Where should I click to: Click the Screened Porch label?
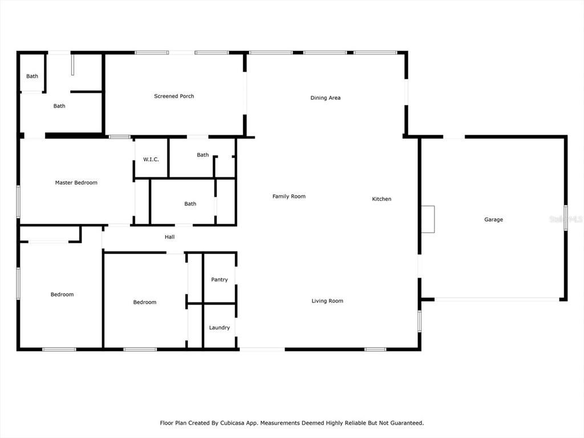[174, 96]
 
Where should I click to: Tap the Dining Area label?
[326, 98]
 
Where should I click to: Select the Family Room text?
[289, 196]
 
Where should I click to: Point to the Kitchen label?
[382, 199]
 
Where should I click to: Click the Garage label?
[493, 220]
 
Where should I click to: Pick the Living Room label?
[327, 301]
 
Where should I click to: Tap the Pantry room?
[220, 278]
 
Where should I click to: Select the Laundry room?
[220, 326]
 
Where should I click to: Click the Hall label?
[169, 237]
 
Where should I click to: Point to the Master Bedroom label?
[76, 182]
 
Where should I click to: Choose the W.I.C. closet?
[151, 159]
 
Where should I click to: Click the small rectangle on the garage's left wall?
[428, 220]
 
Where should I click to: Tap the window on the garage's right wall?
[565, 218]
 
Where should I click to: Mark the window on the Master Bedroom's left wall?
[18, 201]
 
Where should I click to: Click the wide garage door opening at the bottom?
[497, 299]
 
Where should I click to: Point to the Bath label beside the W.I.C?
[202, 155]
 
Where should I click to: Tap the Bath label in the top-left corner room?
[32, 76]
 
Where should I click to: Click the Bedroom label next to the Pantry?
[145, 302]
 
